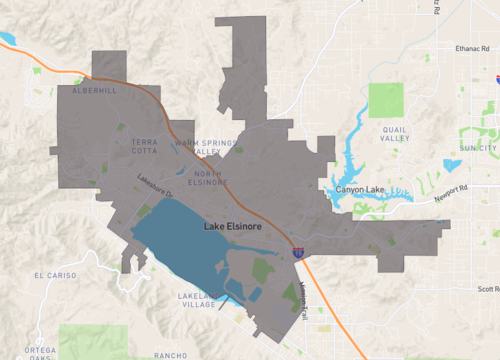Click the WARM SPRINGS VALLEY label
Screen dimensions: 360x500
coord(205,148)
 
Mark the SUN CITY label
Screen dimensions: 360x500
coord(477,148)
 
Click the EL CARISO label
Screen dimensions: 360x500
coord(55,275)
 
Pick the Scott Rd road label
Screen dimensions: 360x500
coord(488,289)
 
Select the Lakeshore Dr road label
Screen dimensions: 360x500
coord(156,186)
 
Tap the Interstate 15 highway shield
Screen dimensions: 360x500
coord(299,253)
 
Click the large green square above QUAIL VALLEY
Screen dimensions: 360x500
coord(386,100)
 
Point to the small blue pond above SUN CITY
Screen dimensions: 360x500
coord(452,165)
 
